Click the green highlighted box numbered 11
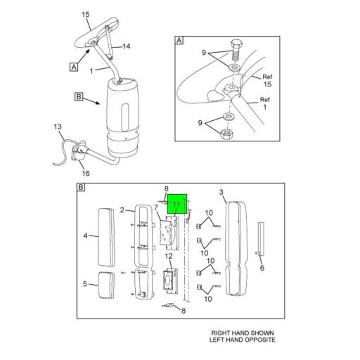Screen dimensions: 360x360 pos(177,205)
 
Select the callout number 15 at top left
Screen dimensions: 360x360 pos(86,14)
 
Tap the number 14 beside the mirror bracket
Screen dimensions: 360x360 pos(127,46)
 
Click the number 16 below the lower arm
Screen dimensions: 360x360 pos(86,173)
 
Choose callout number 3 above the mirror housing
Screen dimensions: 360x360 pos(221,192)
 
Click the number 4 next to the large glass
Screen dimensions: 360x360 pos(86,236)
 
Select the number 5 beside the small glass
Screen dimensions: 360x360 pos(86,284)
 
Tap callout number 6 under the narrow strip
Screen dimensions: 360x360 pos(262,268)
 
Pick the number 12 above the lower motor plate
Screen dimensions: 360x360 pos(168,257)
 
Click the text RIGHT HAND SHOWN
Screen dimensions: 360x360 pos(243,333)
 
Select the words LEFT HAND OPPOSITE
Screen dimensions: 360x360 pos(243,340)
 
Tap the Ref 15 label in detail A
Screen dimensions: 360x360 pos(267,80)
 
